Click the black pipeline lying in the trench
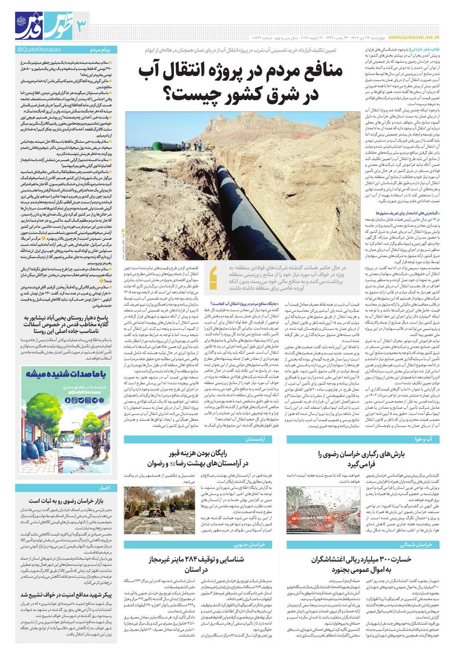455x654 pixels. (x=246, y=207)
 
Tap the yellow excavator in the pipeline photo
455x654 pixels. (x=213, y=143)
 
